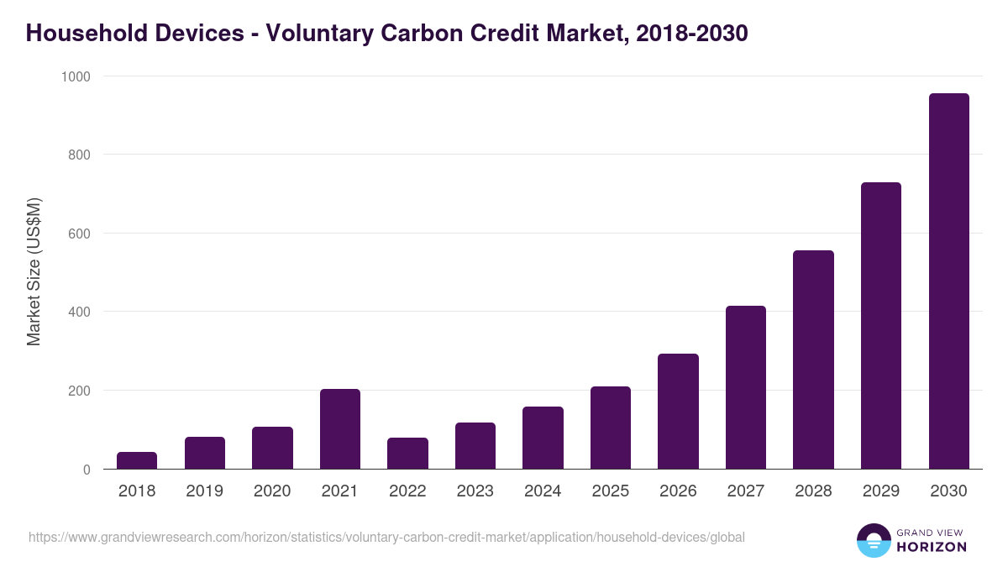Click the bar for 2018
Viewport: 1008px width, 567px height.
pyautogui.click(x=137, y=460)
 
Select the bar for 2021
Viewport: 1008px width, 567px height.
pyautogui.click(x=340, y=429)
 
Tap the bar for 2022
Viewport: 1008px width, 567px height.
pyautogui.click(x=407, y=454)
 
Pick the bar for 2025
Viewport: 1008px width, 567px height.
pyautogui.click(x=611, y=428)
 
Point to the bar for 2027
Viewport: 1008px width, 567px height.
pyautogui.click(x=746, y=387)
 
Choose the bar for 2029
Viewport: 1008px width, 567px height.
pyautogui.click(x=881, y=326)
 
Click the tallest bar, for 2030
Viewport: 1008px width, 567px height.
pyautogui.click(x=948, y=281)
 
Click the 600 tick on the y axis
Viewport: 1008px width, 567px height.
pyautogui.click(x=80, y=234)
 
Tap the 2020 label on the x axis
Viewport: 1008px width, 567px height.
pyautogui.click(x=272, y=491)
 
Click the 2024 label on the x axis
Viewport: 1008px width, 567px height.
pyautogui.click(x=543, y=491)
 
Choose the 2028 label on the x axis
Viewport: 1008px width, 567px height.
pyautogui.click(x=813, y=491)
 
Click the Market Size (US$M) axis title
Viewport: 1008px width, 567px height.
pyautogui.click(x=34, y=272)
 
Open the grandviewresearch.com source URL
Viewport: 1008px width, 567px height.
pyautogui.click(x=386, y=537)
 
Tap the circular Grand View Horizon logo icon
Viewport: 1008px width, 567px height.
pyautogui.click(x=874, y=540)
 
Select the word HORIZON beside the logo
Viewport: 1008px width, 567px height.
pyautogui.click(x=932, y=547)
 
